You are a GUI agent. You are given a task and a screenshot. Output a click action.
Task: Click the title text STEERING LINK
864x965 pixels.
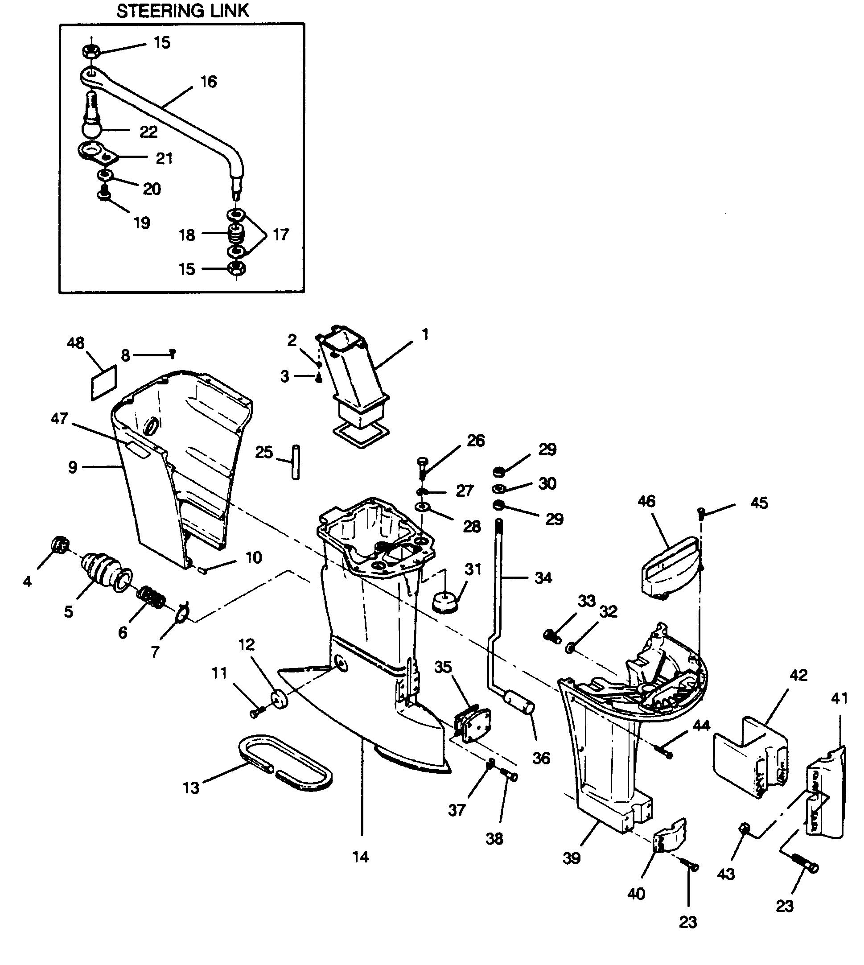(x=182, y=11)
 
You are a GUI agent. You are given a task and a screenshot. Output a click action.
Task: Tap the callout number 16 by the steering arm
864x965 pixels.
(x=208, y=82)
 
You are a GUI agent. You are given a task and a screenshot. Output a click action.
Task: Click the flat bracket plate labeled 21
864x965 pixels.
(x=97, y=153)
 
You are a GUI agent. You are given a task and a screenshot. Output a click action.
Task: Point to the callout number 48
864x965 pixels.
(x=75, y=342)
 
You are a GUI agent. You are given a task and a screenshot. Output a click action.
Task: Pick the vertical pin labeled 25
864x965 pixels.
(x=296, y=462)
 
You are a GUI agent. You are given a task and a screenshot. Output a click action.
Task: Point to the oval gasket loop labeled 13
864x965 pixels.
(x=284, y=763)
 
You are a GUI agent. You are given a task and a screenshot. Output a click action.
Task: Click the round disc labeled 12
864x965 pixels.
(x=280, y=700)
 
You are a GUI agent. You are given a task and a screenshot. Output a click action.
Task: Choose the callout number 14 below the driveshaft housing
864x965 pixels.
(x=361, y=857)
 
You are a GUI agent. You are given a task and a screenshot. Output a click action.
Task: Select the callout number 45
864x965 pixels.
(x=759, y=503)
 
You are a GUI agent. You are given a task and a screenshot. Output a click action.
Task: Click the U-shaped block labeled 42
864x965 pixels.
(x=750, y=759)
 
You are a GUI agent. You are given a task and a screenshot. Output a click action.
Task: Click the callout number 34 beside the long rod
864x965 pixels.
(x=543, y=577)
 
